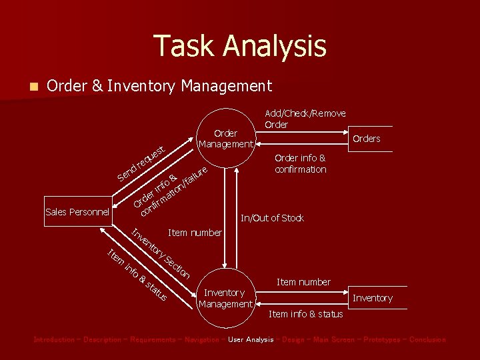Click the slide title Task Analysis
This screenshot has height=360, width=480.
[x=240, y=46]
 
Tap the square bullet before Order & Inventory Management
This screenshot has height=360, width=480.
[x=34, y=87]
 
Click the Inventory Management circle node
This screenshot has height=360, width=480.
[x=225, y=298]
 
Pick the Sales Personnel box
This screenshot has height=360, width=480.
[x=77, y=212]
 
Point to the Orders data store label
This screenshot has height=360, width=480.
[x=366, y=139]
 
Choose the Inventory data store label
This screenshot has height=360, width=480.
[x=372, y=298]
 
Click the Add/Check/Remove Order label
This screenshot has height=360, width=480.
[x=305, y=119]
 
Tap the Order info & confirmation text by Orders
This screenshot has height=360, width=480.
[x=300, y=163]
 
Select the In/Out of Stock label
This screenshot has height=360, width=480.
[x=272, y=218]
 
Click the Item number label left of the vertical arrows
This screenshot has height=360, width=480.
[x=195, y=233]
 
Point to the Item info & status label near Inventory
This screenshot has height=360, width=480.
[x=305, y=314]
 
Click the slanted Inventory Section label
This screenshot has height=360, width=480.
[x=161, y=253]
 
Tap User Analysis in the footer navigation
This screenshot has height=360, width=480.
[x=251, y=340]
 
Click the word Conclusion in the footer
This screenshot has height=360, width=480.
[x=427, y=340]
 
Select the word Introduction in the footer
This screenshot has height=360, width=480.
[x=54, y=340]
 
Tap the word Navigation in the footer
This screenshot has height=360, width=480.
[x=198, y=340]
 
